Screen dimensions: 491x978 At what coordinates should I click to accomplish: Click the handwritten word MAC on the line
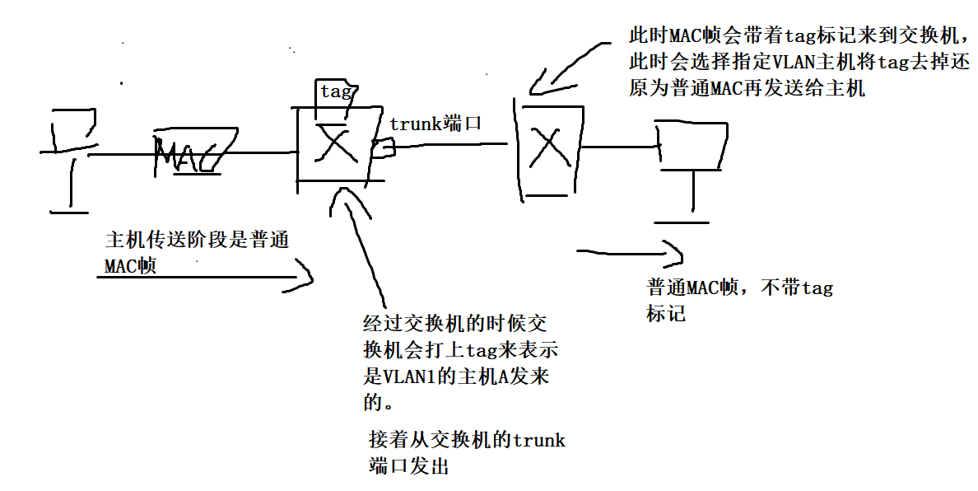(189, 156)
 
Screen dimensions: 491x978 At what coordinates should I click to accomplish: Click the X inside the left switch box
(336, 146)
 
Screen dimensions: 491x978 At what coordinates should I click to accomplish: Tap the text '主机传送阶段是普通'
(198, 241)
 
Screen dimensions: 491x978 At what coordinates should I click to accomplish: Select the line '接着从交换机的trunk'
(467, 439)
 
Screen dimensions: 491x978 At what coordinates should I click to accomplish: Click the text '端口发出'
(409, 466)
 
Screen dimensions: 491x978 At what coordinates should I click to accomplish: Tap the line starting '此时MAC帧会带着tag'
(799, 36)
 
